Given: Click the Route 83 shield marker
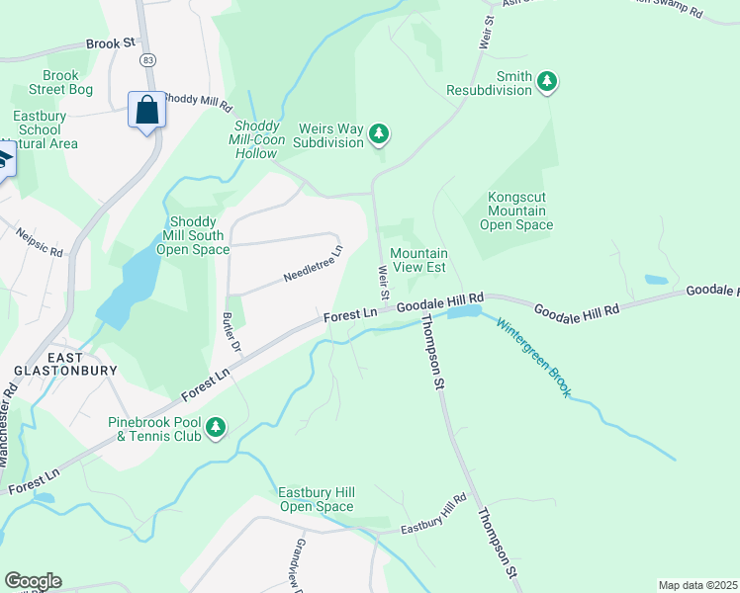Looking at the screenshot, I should [x=147, y=60].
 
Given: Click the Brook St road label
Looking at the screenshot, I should [x=110, y=44].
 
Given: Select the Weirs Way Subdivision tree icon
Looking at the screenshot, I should [x=378, y=133].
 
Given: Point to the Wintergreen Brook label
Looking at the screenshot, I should [x=533, y=358].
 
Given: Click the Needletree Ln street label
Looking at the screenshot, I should [x=312, y=264].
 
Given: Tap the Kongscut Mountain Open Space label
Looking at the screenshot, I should [x=515, y=211].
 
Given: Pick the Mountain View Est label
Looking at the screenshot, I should [x=418, y=260].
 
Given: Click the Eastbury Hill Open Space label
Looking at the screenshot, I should [x=316, y=499].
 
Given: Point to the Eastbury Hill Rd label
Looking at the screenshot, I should [x=433, y=514].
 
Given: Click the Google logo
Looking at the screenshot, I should [x=33, y=580].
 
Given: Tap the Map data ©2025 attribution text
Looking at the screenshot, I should [x=697, y=584].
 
